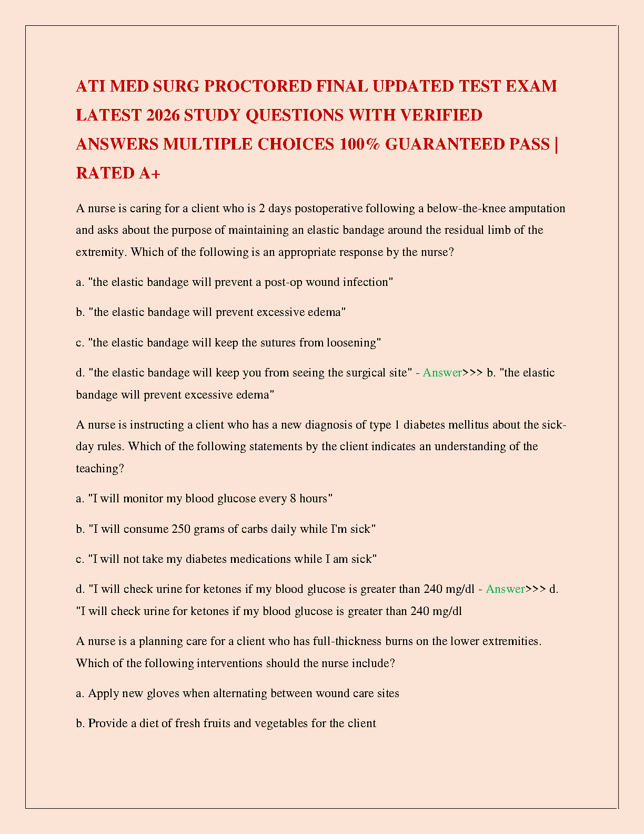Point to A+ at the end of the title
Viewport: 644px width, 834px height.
[x=149, y=173]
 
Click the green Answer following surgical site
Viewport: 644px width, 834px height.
[x=442, y=373]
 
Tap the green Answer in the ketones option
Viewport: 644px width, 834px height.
[x=505, y=589]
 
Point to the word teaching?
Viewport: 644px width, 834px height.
[x=100, y=469]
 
